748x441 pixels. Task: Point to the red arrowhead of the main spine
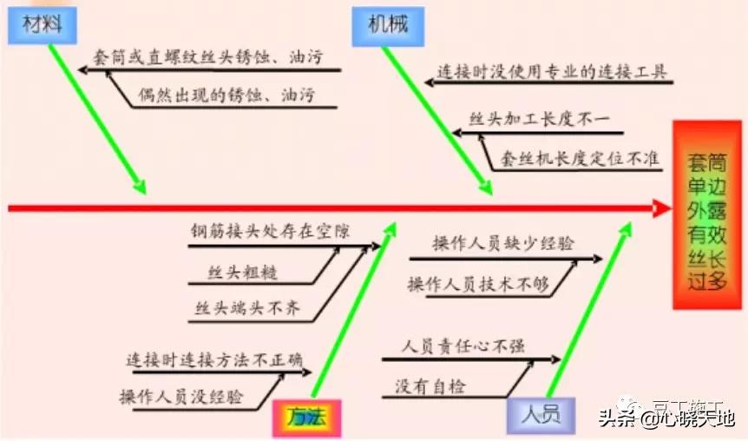(662, 208)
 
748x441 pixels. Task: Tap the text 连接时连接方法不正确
(214, 360)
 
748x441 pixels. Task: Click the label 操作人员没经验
(181, 397)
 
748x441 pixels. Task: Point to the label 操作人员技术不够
(479, 283)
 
